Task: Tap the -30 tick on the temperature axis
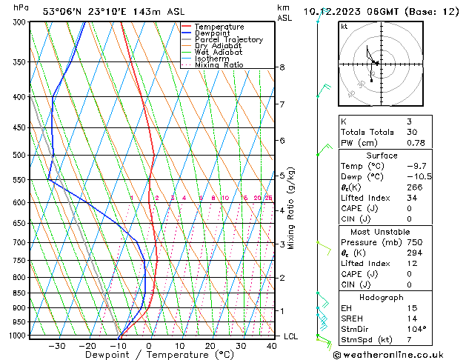57,346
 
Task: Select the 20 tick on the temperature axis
210,346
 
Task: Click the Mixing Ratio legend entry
219,65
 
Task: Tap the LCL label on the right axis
292,336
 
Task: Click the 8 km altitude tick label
282,67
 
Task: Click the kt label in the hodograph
344,26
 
